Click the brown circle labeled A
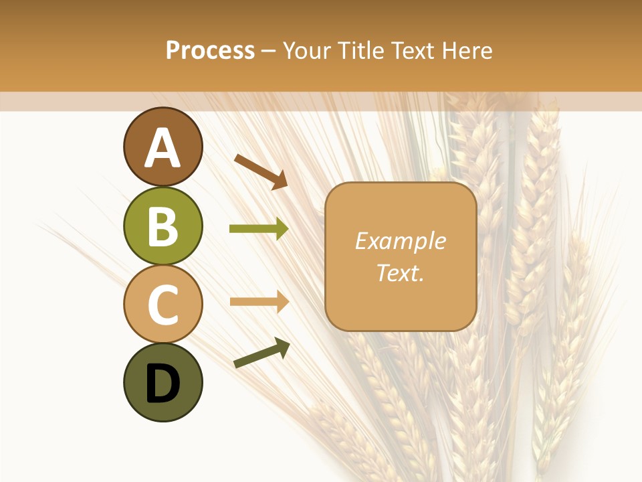click(163, 147)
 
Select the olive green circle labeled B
click(163, 226)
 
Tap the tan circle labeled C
click(163, 304)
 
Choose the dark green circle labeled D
click(163, 382)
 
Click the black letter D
click(163, 384)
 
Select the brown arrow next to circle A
click(261, 171)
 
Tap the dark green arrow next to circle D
click(261, 353)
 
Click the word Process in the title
click(210, 51)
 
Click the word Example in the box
click(400, 241)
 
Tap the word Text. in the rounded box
click(400, 272)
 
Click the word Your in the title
click(308, 51)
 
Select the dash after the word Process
click(269, 52)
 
